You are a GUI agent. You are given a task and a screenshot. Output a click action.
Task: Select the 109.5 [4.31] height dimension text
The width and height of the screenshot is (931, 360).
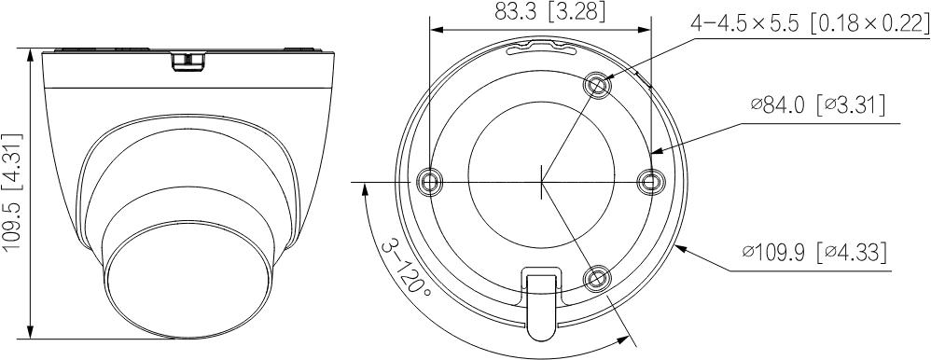[x=13, y=192]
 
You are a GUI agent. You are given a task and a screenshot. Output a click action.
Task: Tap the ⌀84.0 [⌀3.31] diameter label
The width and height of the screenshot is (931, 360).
[x=818, y=105]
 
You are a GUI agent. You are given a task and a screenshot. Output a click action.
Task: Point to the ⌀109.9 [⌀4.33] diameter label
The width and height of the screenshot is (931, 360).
[x=814, y=253]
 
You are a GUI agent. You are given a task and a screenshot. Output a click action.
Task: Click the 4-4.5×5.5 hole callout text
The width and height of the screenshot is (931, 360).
[x=810, y=23]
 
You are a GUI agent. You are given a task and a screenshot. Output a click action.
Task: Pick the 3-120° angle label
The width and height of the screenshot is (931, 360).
[x=406, y=270]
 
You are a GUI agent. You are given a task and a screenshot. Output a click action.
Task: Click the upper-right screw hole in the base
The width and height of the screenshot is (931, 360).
[x=598, y=86]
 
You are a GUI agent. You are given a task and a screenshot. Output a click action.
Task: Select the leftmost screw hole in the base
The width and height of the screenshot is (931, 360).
[x=429, y=180]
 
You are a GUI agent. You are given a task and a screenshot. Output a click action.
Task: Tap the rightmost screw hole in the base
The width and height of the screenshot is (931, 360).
[x=649, y=181]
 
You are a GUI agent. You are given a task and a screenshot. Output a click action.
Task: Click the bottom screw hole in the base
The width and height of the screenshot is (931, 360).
[x=596, y=278]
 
